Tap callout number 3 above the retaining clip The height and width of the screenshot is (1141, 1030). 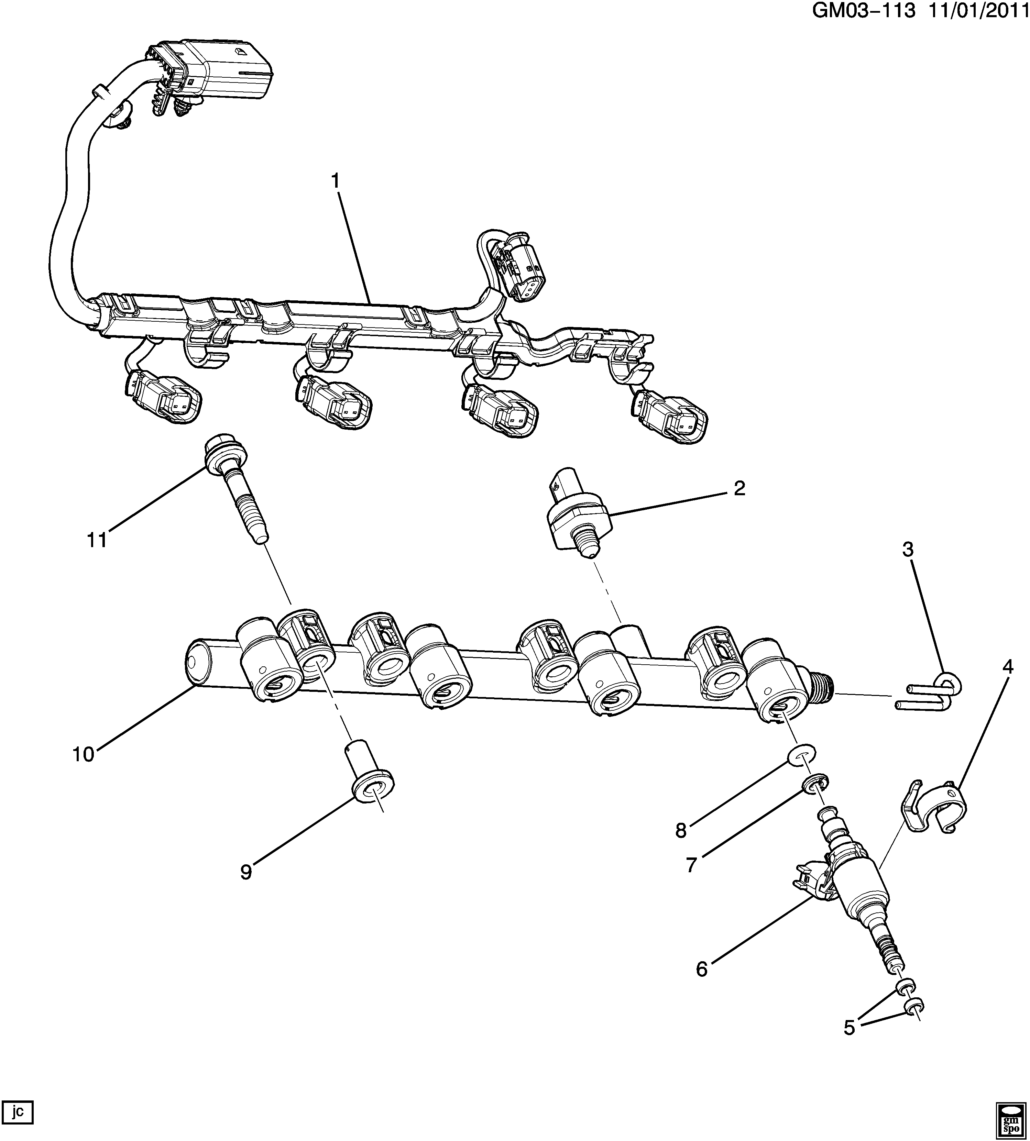[908, 549]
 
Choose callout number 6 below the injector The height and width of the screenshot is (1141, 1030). [702, 969]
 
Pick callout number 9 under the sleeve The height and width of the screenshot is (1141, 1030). [245, 872]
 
